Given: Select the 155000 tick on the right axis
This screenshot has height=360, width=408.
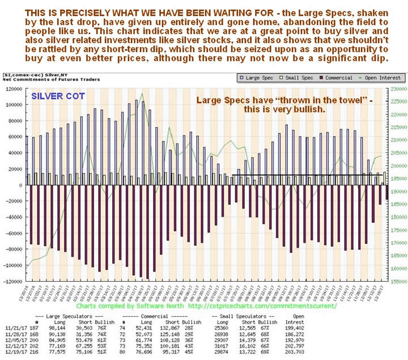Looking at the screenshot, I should click(x=398, y=281).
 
